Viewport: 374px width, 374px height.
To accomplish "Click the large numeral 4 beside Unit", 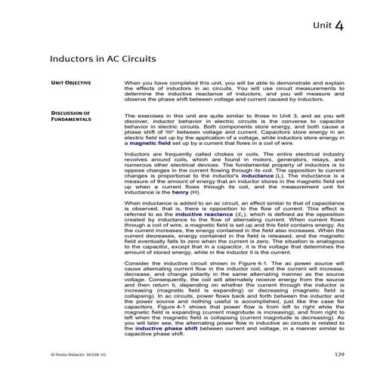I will point(340,26).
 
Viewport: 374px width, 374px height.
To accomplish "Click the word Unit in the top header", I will point(320,27).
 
